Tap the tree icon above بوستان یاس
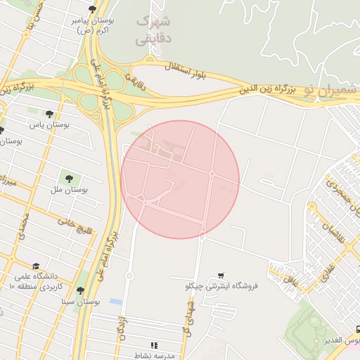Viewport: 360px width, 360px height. [x=49, y=114]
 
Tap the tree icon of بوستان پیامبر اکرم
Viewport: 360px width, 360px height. [x=92, y=9]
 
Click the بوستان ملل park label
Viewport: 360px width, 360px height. [x=70, y=190]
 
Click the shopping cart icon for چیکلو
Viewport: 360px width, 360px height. [x=221, y=275]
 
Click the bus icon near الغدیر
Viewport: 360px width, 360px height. [x=358, y=330]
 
